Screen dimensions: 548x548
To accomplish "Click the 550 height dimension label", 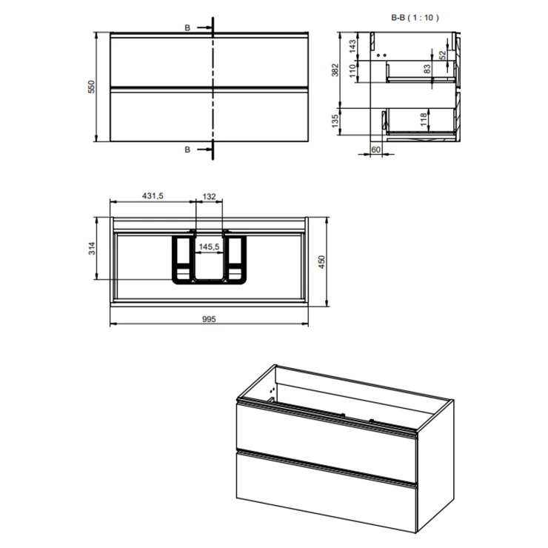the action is point(91,87).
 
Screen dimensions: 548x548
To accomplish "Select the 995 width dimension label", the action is point(209,319).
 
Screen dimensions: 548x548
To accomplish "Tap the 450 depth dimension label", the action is point(321,261).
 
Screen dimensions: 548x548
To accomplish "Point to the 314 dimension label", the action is point(92,248).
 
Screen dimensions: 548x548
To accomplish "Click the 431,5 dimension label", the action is point(153,196).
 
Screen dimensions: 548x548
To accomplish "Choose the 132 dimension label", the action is point(209,196).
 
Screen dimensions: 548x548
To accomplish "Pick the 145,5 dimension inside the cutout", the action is point(209,247).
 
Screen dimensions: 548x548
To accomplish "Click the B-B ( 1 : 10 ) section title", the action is point(415,18).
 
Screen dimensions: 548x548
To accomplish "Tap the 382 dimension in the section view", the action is point(335,70).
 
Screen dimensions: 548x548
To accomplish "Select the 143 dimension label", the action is point(352,46).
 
